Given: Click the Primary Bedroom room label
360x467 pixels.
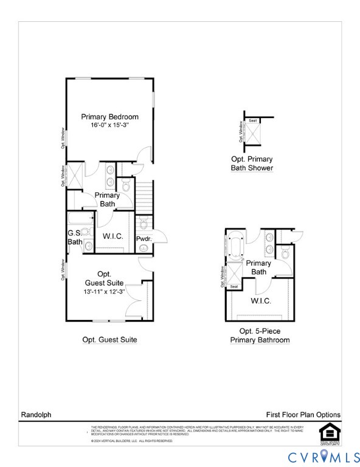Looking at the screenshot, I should pos(110,117).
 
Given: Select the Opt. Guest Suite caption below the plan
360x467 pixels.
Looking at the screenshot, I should pos(109,340).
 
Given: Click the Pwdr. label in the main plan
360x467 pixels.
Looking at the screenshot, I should pos(144,239).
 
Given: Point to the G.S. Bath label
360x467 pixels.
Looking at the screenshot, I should pos(75,237).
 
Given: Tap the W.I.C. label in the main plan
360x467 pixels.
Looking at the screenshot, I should pos(113,236).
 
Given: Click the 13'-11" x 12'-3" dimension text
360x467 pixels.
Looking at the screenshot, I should pos(104,292).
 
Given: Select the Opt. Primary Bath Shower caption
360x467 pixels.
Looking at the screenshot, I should pos(252,164).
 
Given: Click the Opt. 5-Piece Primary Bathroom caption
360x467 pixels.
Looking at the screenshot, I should pos(260,336).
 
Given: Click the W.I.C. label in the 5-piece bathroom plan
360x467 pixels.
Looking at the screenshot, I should pos(261,301).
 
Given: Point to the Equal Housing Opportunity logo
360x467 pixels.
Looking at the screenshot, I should pos(329,432).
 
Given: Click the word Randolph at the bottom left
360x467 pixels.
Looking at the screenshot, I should pos(36,415).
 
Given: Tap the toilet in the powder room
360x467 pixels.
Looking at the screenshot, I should pos(144,223).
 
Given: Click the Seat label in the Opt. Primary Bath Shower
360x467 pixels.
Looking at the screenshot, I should pos(252,121).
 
